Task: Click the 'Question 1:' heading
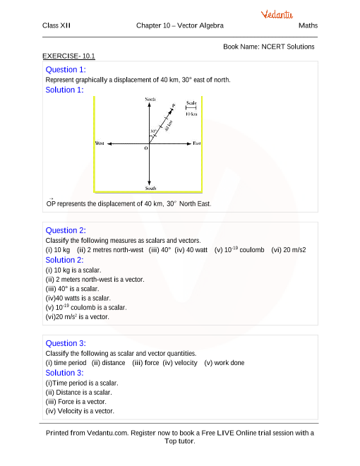pos(65,70)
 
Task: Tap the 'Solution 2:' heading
pos(65,259)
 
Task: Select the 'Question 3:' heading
pos(65,343)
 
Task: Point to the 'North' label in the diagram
pos(150,100)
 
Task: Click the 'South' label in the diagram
pos(150,189)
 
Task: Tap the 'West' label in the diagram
pos(100,143)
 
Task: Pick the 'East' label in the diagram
pos(197,143)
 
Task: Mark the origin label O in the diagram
pos(146,149)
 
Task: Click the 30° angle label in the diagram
pos(152,132)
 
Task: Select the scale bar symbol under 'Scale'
pos(191,108)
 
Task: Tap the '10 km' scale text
pos(191,114)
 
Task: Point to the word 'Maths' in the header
pos(308,25)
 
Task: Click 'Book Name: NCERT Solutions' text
pos(268,47)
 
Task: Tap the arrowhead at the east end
pos(188,143)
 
